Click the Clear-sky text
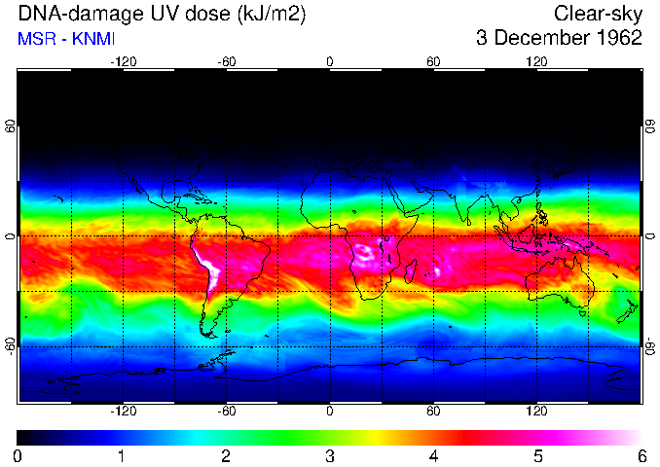point(598,14)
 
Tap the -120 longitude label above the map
point(123,61)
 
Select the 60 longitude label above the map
point(433,61)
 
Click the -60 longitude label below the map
point(226,413)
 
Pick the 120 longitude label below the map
point(536,413)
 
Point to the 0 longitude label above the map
point(330,61)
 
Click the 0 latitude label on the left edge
point(10,236)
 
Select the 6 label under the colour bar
point(642,455)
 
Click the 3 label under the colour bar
point(330,455)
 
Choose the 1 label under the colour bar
point(122,455)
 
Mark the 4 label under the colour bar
point(433,455)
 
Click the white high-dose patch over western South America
point(207,266)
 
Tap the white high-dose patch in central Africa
point(367,255)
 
